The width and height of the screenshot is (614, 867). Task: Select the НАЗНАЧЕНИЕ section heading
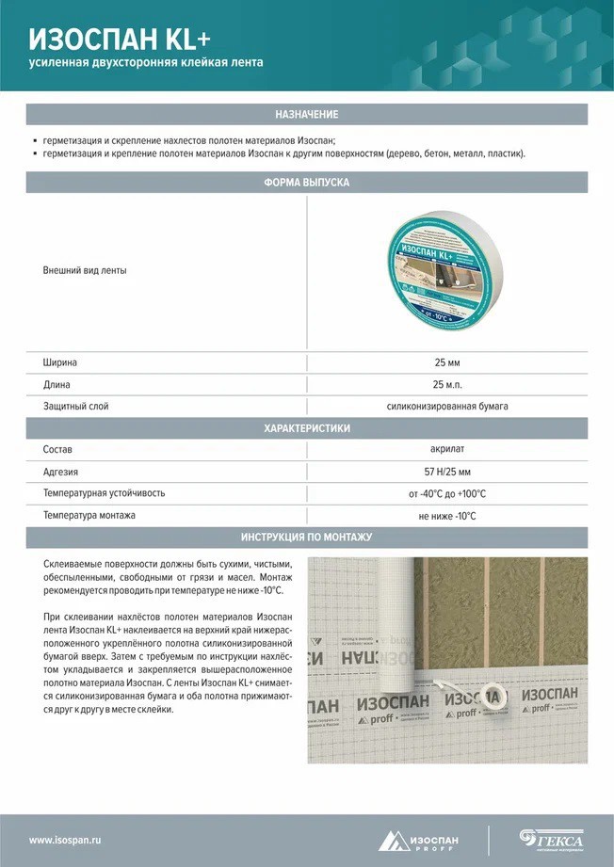coord(306,114)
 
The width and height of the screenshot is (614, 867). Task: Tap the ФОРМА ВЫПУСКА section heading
coord(306,183)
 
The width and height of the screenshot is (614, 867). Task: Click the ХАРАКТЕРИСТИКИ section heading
coord(306,428)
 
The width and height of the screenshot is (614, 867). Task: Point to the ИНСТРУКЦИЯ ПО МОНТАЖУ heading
coord(306,538)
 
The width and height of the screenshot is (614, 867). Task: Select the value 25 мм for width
coord(446,362)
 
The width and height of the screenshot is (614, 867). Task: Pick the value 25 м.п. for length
coord(446,384)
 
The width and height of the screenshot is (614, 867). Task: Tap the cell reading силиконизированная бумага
coord(446,407)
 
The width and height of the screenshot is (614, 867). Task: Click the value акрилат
coord(446,450)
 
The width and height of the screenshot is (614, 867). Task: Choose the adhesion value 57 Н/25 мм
coord(446,472)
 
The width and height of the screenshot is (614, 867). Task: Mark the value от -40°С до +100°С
coord(446,493)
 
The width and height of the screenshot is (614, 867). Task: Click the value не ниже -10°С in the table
coord(446,516)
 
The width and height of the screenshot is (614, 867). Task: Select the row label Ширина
coord(60,362)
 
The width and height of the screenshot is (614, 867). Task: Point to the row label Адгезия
coord(60,472)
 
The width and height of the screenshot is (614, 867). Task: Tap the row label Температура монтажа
coord(89,516)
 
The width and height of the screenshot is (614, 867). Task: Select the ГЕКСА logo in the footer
coord(552,839)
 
